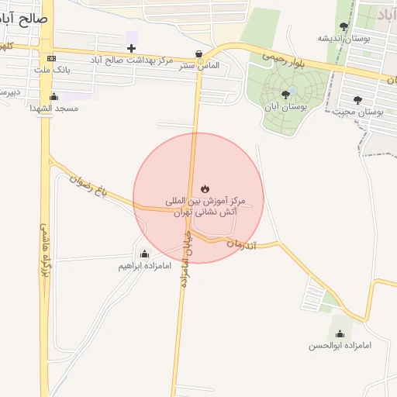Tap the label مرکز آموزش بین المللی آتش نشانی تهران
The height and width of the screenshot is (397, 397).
(205, 205)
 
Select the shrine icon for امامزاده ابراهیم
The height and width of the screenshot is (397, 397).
(144, 254)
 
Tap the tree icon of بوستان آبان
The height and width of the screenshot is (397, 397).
(285, 95)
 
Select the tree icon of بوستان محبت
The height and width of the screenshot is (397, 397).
(357, 100)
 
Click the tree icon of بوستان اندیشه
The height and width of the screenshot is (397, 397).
(344, 26)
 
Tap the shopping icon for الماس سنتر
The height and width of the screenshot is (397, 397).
(200, 54)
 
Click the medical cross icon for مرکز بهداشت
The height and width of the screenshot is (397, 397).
(131, 48)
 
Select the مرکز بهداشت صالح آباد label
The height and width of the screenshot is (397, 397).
(131, 60)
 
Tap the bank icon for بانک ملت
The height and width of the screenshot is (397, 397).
(51, 58)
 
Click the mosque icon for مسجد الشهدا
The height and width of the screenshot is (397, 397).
(54, 97)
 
